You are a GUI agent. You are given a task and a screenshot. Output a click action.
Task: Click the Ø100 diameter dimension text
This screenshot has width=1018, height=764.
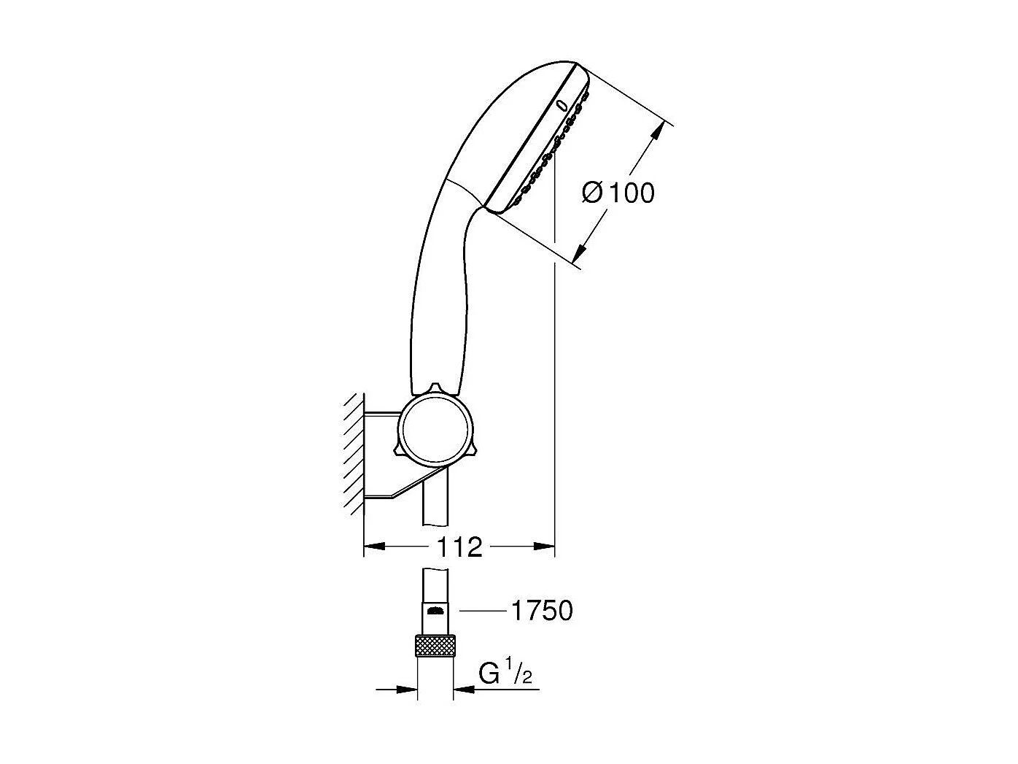click(618, 193)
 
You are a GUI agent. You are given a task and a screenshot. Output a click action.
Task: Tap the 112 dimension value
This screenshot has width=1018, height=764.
click(460, 547)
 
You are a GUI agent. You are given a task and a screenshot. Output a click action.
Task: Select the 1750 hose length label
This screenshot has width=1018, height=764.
click(541, 611)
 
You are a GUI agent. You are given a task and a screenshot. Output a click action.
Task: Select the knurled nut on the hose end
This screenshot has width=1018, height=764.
click(435, 646)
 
